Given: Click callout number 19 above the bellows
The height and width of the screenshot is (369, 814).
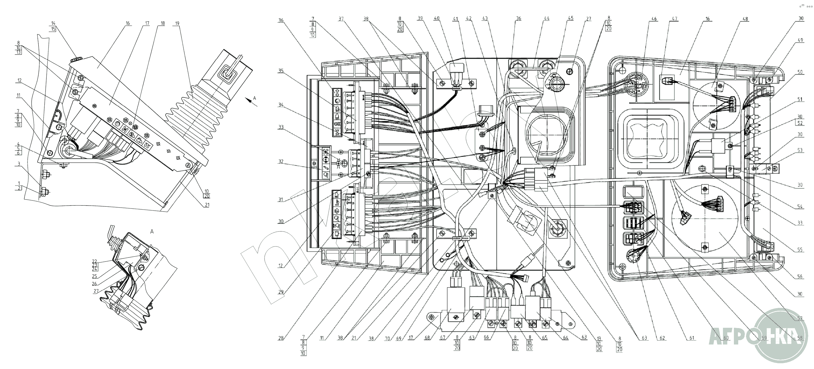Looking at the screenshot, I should pos(177,23).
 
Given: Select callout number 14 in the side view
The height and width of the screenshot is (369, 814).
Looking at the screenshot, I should pos(53,23).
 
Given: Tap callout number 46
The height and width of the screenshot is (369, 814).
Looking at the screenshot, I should pos(654,19).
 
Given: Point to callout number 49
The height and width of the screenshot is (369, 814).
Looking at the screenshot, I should pos(800,40).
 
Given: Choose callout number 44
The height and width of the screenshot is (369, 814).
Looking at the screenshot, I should pos(546,19).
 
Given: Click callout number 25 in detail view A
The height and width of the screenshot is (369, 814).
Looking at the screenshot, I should pos(95,276).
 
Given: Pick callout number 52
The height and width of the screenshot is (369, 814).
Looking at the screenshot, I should pos(800,123).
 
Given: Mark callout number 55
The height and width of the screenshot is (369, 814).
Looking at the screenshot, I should pos(800,250).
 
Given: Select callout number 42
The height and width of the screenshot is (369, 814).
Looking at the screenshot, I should pos(469,19).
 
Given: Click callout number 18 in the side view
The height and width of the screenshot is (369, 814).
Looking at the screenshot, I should pos(163,23).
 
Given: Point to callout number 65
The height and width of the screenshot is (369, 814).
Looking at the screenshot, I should pos(545,338).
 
